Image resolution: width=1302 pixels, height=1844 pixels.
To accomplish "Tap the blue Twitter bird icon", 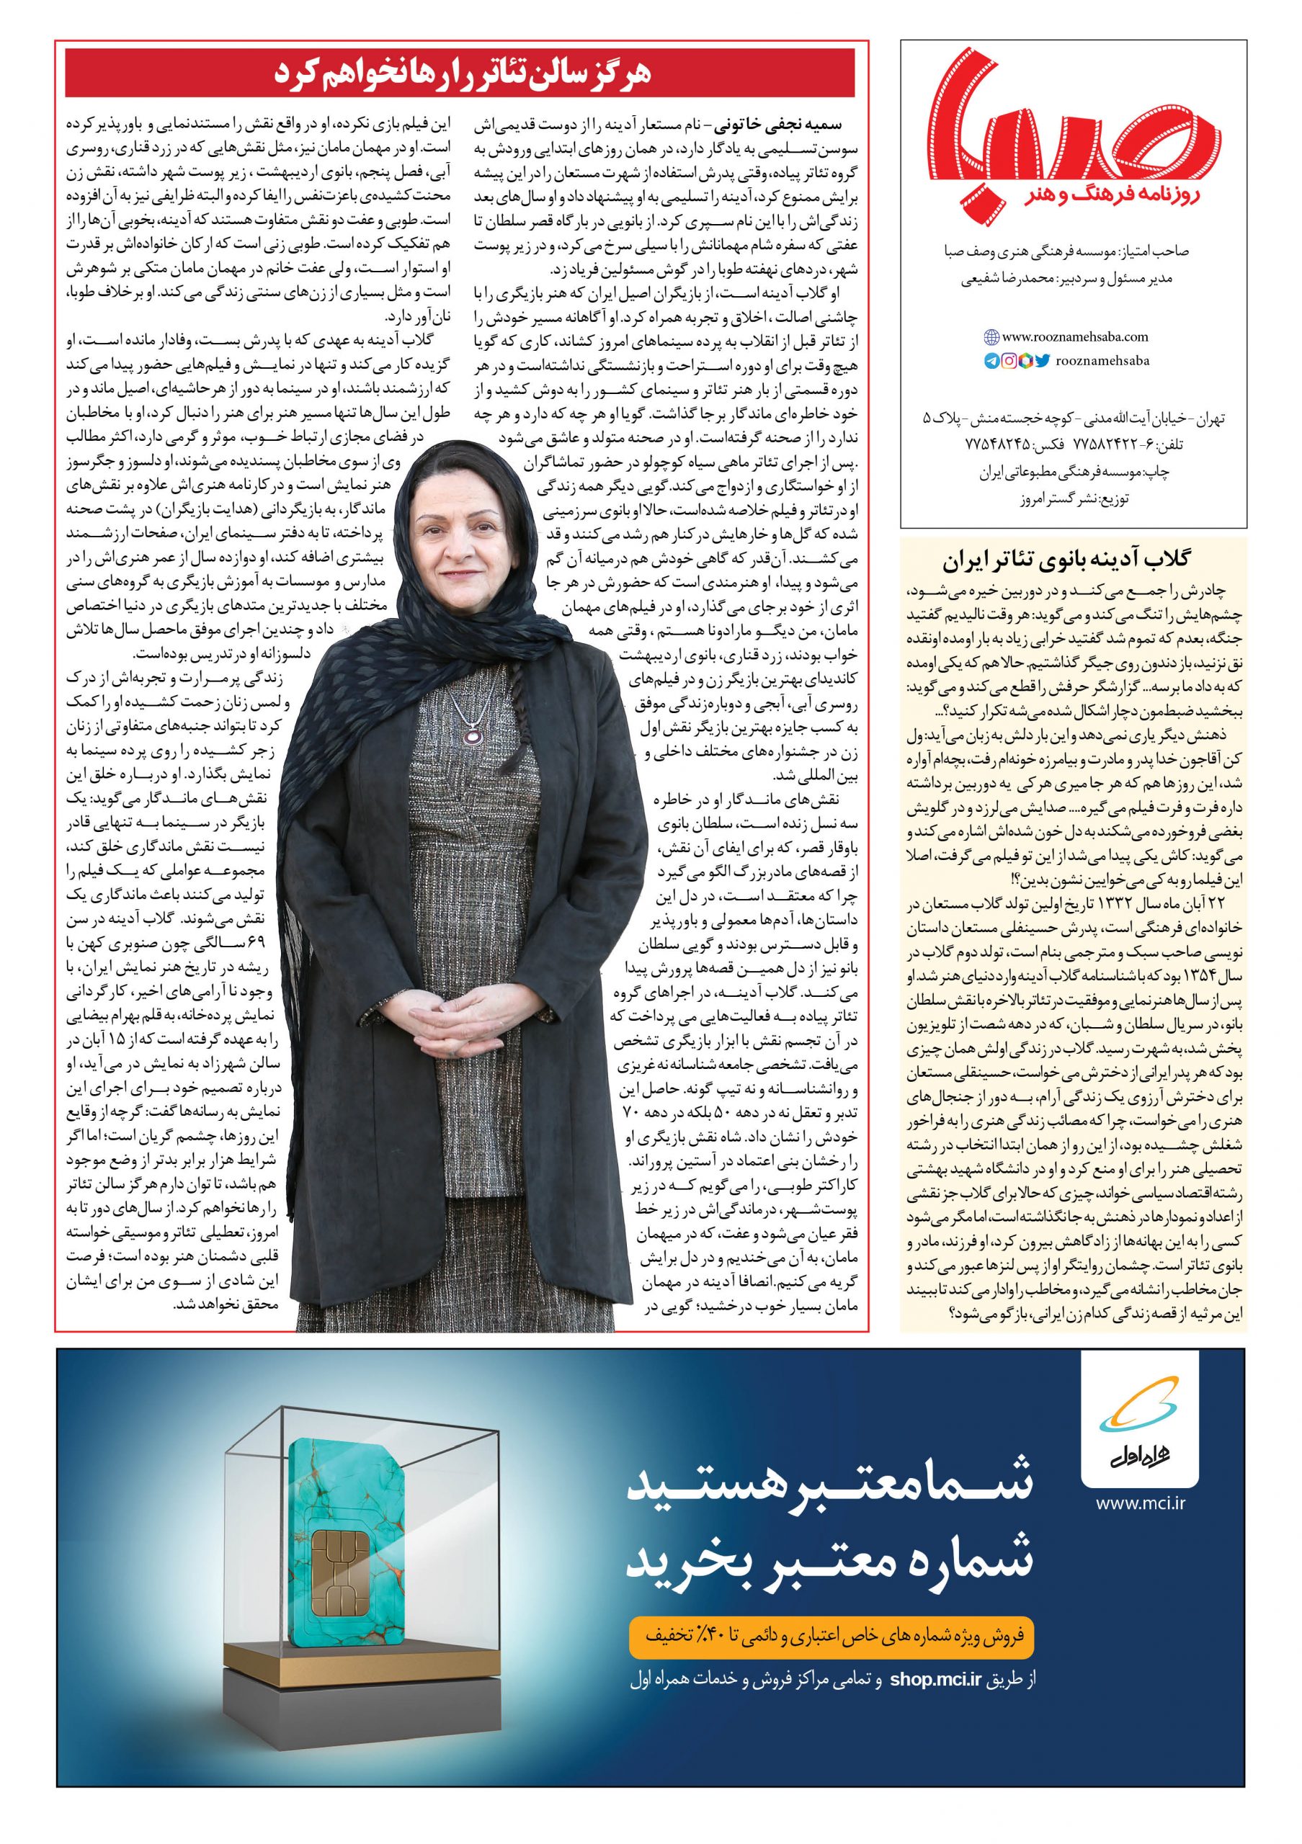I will click(1042, 362).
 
